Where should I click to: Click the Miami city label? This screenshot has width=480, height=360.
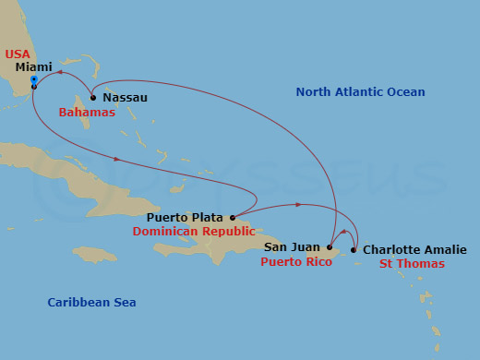pos(33,67)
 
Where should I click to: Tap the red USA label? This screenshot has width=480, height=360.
pos(18,54)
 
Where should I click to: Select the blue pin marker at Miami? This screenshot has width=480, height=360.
pos(33,81)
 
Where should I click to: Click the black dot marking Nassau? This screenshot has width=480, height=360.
pos(93,97)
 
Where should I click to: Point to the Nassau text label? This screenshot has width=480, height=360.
pos(125,97)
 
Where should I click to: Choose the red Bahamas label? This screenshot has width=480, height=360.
pos(87,113)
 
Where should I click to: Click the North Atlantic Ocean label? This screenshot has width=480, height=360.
pos(360,92)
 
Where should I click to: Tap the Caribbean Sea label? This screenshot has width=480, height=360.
pos(91,303)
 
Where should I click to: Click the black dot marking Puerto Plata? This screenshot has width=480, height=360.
pos(233,219)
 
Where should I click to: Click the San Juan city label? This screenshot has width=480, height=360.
pos(293,247)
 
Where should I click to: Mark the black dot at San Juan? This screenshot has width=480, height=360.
pos(329,247)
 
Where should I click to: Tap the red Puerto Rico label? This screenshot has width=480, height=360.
pos(295,262)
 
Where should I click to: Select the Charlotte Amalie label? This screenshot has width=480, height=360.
pos(414,249)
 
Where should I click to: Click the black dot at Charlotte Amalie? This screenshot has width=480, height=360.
pos(354,249)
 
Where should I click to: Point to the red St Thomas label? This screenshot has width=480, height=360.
pos(412,264)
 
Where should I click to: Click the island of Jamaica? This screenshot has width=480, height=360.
pos(95,254)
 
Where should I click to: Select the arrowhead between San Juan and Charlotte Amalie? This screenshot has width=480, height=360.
pos(343,233)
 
